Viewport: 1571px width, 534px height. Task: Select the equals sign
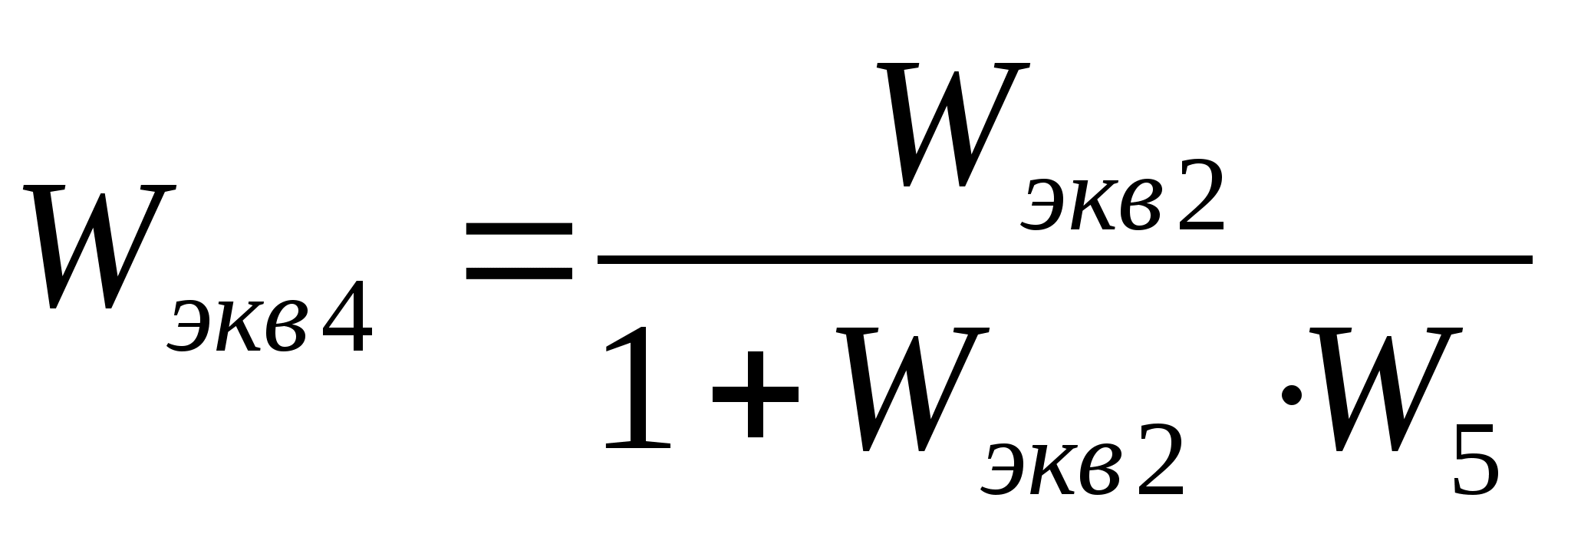(x=519, y=251)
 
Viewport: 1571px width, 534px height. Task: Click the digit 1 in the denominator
(x=636, y=387)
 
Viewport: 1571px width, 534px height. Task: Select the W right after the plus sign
(x=908, y=387)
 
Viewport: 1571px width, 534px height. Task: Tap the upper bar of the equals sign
(x=519, y=229)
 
